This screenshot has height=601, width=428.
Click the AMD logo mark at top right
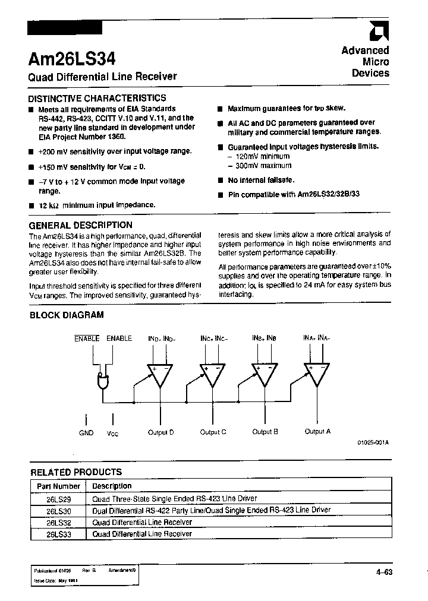point(379,31)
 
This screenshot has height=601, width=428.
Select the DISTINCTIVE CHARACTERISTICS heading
point(98,98)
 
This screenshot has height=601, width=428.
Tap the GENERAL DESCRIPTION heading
point(81,225)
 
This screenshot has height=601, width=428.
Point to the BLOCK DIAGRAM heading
point(67,315)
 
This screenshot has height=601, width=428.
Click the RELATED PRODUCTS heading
point(76,472)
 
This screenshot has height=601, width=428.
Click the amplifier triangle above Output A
point(317,374)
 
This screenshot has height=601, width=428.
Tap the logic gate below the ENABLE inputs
point(103,381)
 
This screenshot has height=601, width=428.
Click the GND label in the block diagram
point(86,433)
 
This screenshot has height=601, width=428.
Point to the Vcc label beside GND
point(112,434)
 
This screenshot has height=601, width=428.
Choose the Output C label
point(213,432)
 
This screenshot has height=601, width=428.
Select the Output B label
point(265,432)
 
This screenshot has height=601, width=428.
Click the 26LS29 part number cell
point(58,499)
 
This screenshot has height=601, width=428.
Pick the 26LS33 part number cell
point(58,533)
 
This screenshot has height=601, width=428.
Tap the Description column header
point(112,486)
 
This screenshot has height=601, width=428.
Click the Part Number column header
point(58,486)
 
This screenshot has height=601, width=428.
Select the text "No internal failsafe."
point(261,180)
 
